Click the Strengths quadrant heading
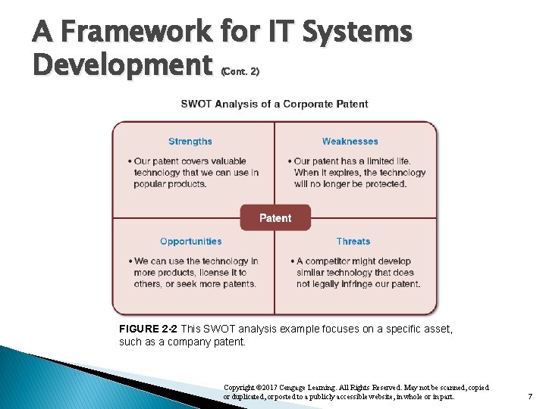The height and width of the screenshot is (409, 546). (190, 142)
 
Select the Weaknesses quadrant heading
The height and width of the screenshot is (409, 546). (350, 142)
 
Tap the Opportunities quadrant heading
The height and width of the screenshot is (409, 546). (191, 242)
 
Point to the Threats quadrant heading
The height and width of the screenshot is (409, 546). (353, 242)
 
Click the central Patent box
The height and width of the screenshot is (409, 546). (275, 218)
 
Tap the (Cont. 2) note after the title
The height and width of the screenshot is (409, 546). (240, 72)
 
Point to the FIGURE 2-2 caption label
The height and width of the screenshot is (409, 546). (148, 329)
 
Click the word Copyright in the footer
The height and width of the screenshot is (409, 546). (240, 387)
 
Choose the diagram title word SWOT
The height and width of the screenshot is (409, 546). (196, 104)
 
